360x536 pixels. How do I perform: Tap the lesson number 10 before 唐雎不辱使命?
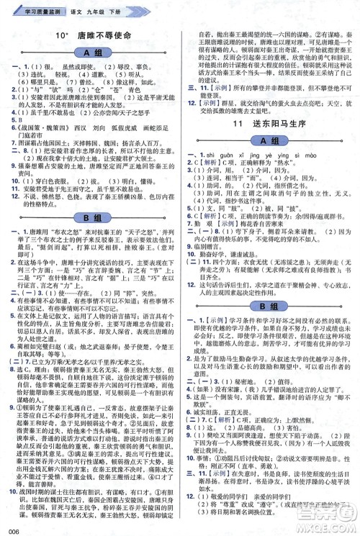[x=62, y=36]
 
